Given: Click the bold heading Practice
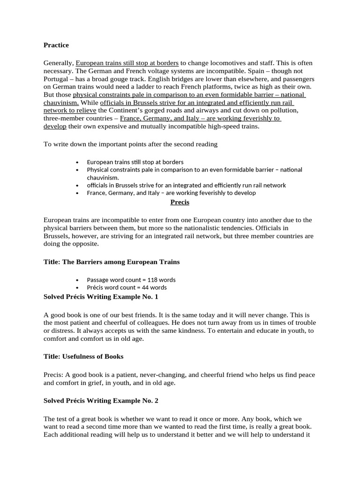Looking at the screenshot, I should (56, 45).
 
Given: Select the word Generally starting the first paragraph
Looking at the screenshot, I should (59, 63).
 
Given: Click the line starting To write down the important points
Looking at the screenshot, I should (130, 144).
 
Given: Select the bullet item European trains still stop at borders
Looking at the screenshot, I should (135, 162).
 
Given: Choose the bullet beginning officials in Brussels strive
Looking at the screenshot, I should (186, 185).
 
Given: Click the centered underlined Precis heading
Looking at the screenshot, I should (180, 202).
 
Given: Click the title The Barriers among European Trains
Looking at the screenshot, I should (111, 262).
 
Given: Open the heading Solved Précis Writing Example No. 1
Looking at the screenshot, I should (101, 297).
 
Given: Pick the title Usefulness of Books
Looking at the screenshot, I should (83, 356).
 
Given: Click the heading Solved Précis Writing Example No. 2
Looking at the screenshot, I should (101, 401).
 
